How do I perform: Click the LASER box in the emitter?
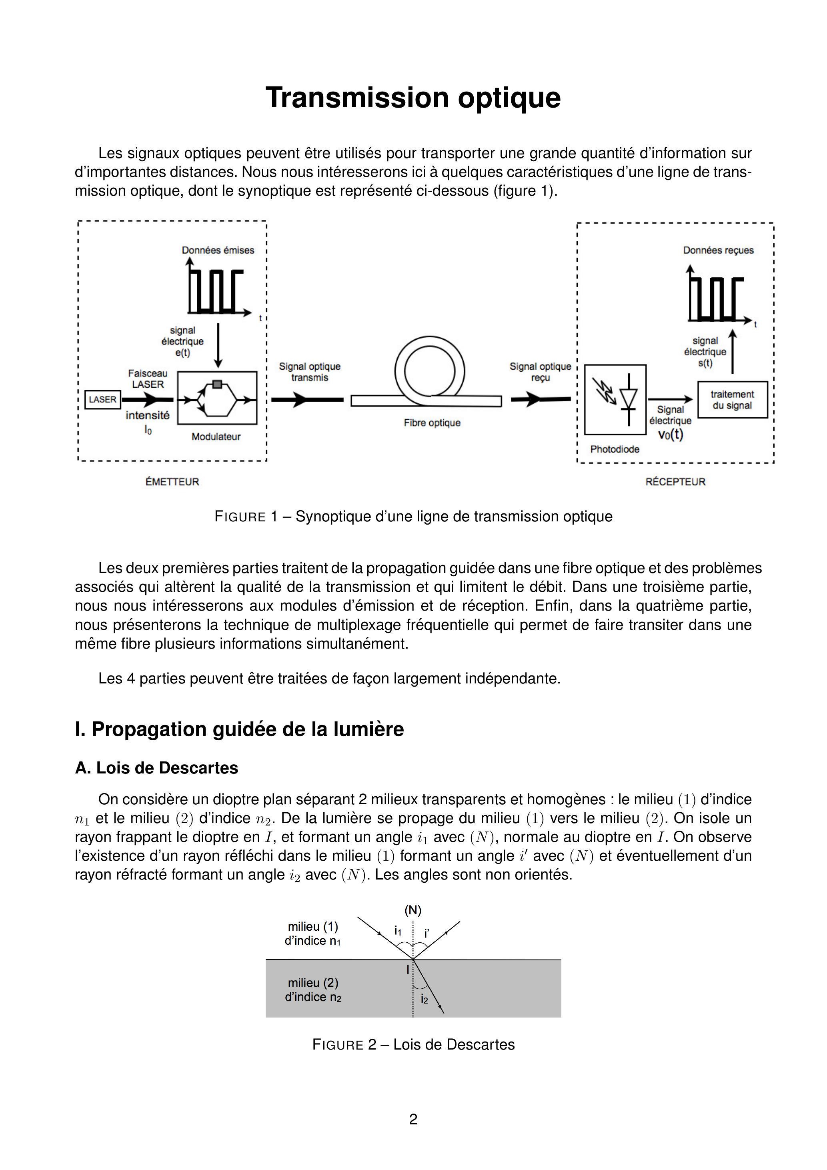(x=102, y=399)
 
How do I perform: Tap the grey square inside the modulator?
(x=217, y=384)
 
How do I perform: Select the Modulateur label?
(x=216, y=437)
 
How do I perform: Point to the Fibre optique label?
(x=432, y=423)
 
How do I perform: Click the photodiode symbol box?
(x=615, y=399)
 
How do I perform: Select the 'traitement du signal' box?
(x=732, y=400)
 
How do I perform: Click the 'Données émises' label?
(x=218, y=250)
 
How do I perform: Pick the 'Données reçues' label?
(x=718, y=250)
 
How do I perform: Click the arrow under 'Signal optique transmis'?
(x=307, y=400)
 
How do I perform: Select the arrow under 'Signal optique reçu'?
(x=541, y=399)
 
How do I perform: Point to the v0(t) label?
(x=671, y=435)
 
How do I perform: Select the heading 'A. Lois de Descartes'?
(x=156, y=767)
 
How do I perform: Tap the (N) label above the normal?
(x=413, y=910)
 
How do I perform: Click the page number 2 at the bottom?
(x=413, y=1119)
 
